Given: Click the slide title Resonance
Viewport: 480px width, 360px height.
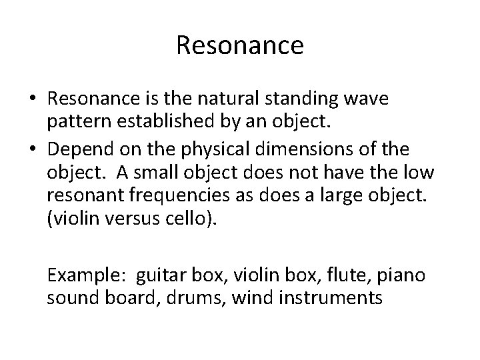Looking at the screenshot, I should tap(240, 46).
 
